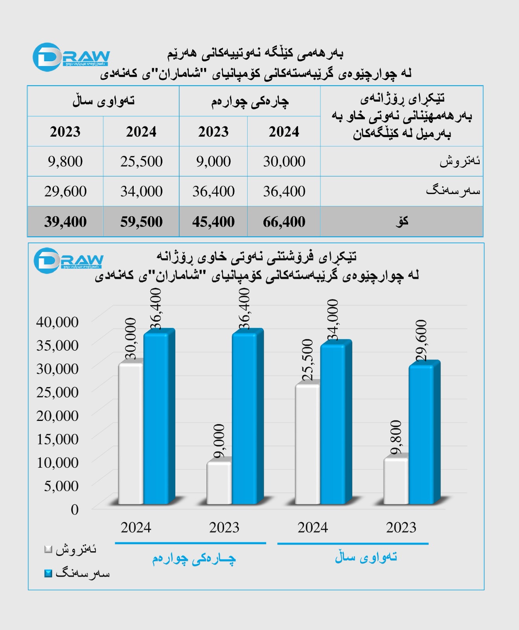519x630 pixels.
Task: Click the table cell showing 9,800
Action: (65, 161)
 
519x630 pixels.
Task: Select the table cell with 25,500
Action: (141, 161)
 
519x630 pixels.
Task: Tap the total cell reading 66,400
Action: (284, 222)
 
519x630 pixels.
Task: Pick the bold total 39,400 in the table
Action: (65, 222)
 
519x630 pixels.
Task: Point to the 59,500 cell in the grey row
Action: (141, 222)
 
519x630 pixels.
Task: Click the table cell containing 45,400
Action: (213, 222)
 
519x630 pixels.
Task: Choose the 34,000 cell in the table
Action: (141, 191)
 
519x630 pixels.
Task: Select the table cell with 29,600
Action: (65, 191)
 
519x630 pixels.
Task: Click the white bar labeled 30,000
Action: (131, 433)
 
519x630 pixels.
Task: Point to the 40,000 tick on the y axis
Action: (57, 322)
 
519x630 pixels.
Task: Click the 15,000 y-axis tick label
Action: (57, 439)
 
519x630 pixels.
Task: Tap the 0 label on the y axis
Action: (75, 510)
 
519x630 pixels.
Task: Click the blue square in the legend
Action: (48, 573)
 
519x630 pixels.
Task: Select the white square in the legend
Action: (48, 549)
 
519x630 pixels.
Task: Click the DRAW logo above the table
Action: (71, 57)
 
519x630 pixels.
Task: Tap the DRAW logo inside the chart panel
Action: (68, 260)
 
